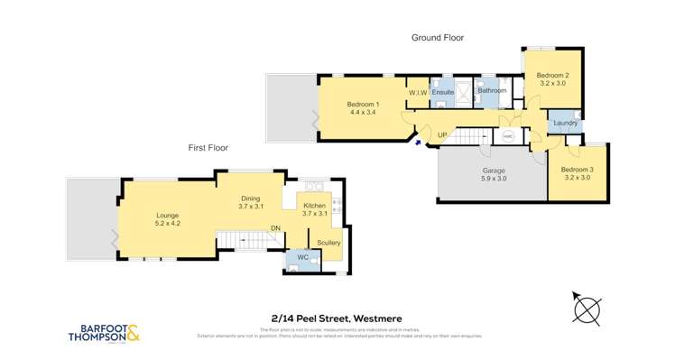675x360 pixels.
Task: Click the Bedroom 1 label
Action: [363, 105]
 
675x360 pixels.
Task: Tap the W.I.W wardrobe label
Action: [417, 93]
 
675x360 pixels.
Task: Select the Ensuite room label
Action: [443, 93]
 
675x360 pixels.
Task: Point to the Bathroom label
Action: [492, 90]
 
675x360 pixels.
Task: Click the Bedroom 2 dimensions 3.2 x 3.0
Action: [552, 83]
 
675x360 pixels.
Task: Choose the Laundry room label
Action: [565, 123]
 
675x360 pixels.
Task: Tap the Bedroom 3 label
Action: [577, 170]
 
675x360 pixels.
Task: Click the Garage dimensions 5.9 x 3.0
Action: [493, 179]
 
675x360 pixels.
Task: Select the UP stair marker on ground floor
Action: [442, 135]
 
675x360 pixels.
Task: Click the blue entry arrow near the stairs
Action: [417, 140]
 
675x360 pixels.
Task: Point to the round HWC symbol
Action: [508, 136]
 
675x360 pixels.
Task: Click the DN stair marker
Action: [276, 228]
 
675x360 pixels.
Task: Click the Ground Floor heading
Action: [438, 38]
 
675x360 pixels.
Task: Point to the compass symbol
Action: [587, 309]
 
